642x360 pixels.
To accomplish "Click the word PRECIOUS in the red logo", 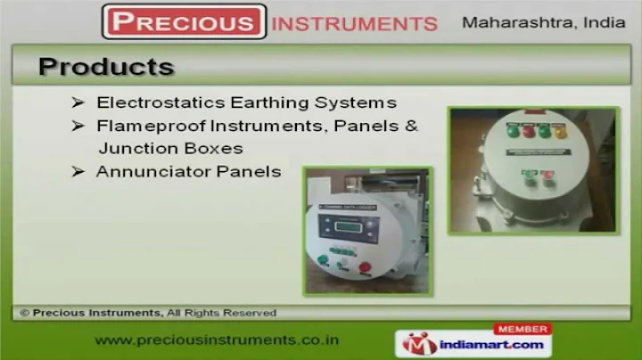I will pyautogui.click(x=185, y=21).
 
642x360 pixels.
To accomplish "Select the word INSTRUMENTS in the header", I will pyautogui.click(x=354, y=23).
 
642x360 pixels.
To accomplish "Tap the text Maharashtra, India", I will pyautogui.click(x=543, y=22).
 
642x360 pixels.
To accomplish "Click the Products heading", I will pyautogui.click(x=106, y=67).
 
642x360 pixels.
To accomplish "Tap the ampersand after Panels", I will pyautogui.click(x=411, y=126).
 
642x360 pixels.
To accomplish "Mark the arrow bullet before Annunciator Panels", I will pyautogui.click(x=78, y=171).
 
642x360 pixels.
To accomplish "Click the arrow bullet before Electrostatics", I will pyautogui.click(x=78, y=102).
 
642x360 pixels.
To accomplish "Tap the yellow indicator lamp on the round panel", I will pyautogui.click(x=561, y=133).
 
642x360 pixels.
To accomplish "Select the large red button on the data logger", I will pyautogui.click(x=364, y=266).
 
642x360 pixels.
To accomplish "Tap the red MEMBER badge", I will pyautogui.click(x=522, y=329).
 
